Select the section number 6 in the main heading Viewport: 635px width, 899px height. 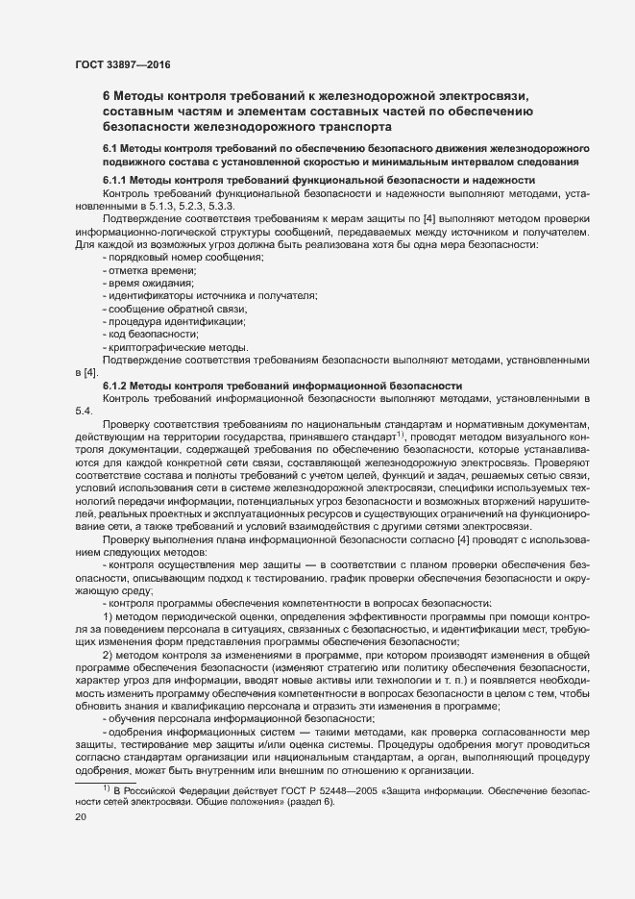coord(107,95)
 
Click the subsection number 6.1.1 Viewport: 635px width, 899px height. coord(115,180)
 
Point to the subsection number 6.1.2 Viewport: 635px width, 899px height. coord(115,385)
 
